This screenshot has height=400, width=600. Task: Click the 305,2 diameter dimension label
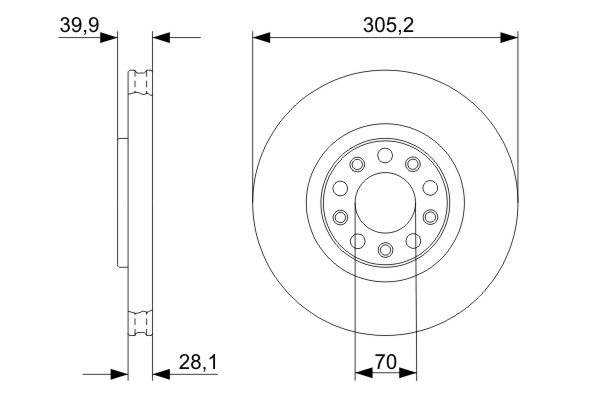(388, 26)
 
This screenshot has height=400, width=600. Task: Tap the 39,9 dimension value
(80, 25)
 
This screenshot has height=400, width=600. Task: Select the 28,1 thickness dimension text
(198, 362)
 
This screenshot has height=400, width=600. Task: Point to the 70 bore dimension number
(386, 362)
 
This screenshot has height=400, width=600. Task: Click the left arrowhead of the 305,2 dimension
(261, 38)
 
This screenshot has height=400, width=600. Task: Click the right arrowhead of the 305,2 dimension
(509, 38)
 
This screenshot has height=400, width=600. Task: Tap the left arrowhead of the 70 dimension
(364, 372)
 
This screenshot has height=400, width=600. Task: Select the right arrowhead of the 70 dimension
(407, 372)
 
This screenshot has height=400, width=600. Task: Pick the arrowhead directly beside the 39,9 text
(109, 38)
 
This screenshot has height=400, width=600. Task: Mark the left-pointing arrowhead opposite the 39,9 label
(161, 38)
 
